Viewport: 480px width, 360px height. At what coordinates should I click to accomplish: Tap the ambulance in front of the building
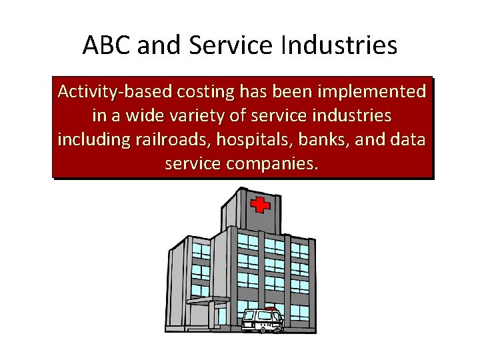(262, 319)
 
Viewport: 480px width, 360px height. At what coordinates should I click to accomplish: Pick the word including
(97, 140)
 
